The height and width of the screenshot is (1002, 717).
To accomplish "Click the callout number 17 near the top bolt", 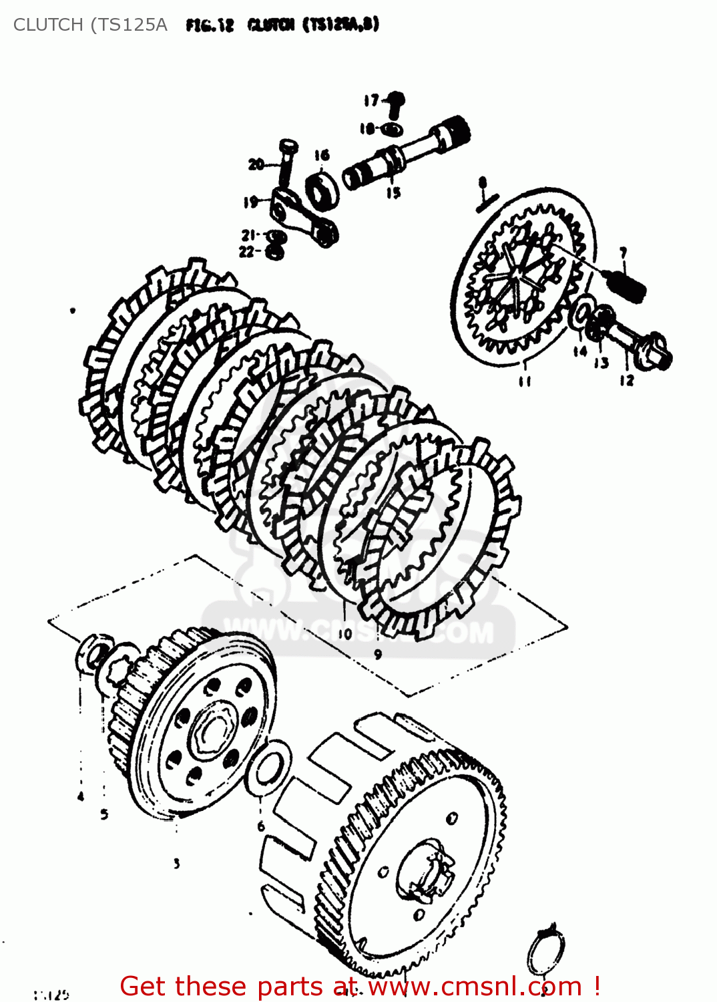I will click(x=371, y=101).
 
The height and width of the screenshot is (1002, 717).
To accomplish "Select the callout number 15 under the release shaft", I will click(x=393, y=192).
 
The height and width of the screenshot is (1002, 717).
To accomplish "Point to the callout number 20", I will click(x=256, y=164).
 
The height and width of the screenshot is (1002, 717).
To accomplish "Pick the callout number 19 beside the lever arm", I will click(x=251, y=202).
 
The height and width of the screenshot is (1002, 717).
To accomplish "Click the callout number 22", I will click(x=247, y=252).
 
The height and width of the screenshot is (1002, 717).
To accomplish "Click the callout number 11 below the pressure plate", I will click(x=525, y=381).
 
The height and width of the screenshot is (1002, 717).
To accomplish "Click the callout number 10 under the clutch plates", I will click(x=344, y=633).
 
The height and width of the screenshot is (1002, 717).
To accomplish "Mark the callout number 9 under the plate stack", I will click(x=378, y=654).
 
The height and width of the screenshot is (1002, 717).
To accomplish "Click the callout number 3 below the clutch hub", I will click(x=176, y=863).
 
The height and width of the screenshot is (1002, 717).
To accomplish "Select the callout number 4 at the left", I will click(x=81, y=796).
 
